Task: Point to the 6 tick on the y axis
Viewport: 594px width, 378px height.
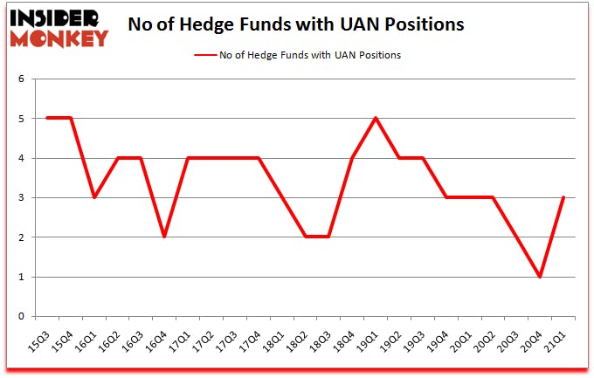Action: click(x=21, y=79)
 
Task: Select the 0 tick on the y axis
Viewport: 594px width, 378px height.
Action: click(x=21, y=317)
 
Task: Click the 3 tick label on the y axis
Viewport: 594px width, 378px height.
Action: click(x=21, y=198)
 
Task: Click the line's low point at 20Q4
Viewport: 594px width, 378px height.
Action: click(x=541, y=277)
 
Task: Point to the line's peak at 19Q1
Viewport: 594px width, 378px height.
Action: click(x=376, y=119)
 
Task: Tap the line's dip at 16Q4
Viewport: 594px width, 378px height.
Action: click(x=164, y=237)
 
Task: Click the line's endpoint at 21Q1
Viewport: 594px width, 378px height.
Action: click(x=564, y=198)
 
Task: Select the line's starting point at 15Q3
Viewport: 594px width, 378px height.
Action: click(x=47, y=119)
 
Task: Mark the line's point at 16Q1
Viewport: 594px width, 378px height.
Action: click(x=94, y=198)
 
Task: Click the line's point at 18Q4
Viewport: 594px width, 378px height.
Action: click(x=352, y=158)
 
